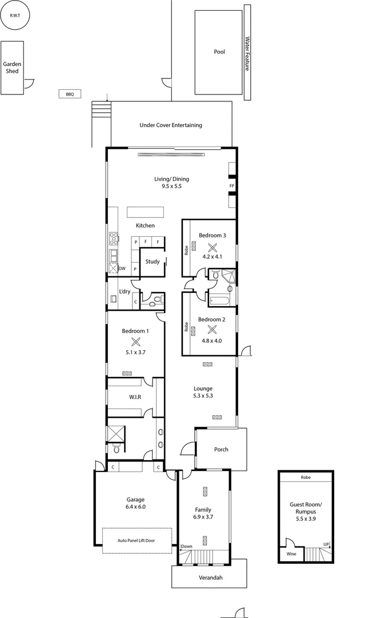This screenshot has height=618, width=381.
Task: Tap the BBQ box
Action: pos(70,94)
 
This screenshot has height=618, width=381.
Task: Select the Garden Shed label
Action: pos(12,68)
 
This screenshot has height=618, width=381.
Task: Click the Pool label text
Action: pos(219,51)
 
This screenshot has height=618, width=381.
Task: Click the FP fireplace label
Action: pos(232,187)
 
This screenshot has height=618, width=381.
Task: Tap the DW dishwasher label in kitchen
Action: pos(122,268)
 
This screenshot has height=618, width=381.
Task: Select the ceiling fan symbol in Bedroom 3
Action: pos(212,248)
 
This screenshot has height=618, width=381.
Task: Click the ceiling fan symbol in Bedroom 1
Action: pos(135,342)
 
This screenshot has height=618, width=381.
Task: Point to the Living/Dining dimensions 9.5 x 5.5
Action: pos(171,187)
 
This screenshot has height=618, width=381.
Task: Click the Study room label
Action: pos(152,262)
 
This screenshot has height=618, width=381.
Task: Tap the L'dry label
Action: pos(125,291)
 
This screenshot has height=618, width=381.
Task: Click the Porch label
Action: pos(220,449)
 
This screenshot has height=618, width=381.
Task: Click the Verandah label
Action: pos(210,578)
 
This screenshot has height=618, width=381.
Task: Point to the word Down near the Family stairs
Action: pos(187,546)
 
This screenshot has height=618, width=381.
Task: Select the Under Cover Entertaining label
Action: pos(171,125)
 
